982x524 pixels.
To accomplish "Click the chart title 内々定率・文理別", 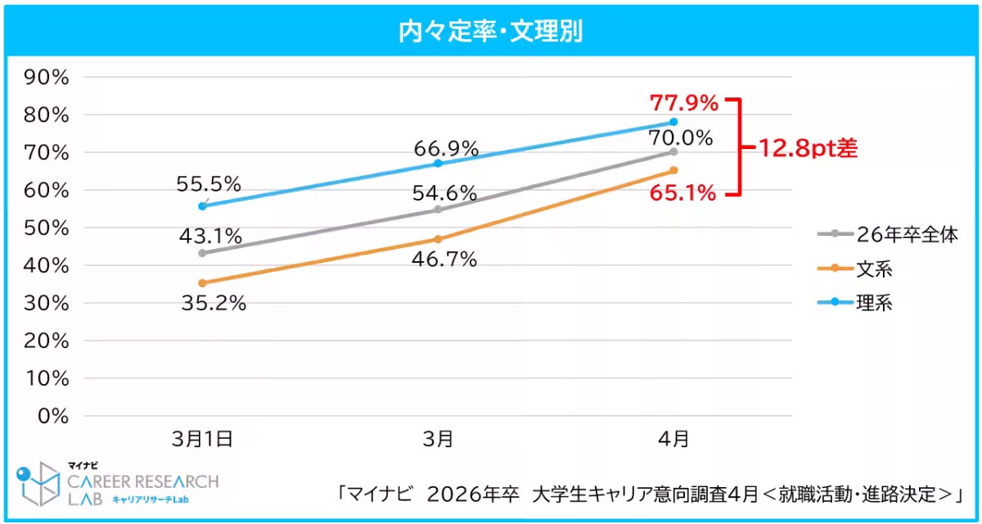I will click(490, 31).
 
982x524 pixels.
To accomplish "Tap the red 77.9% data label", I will click(684, 103).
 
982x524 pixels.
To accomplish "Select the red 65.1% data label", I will click(684, 194).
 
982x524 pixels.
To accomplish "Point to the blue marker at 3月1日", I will click(202, 206).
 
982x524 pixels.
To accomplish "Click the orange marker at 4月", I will click(673, 170).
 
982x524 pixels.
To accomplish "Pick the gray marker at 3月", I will click(438, 210).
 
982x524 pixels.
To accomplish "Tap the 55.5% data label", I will click(209, 184).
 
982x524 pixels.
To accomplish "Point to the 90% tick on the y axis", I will click(47, 77).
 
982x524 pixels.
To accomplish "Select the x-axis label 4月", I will click(673, 439).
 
